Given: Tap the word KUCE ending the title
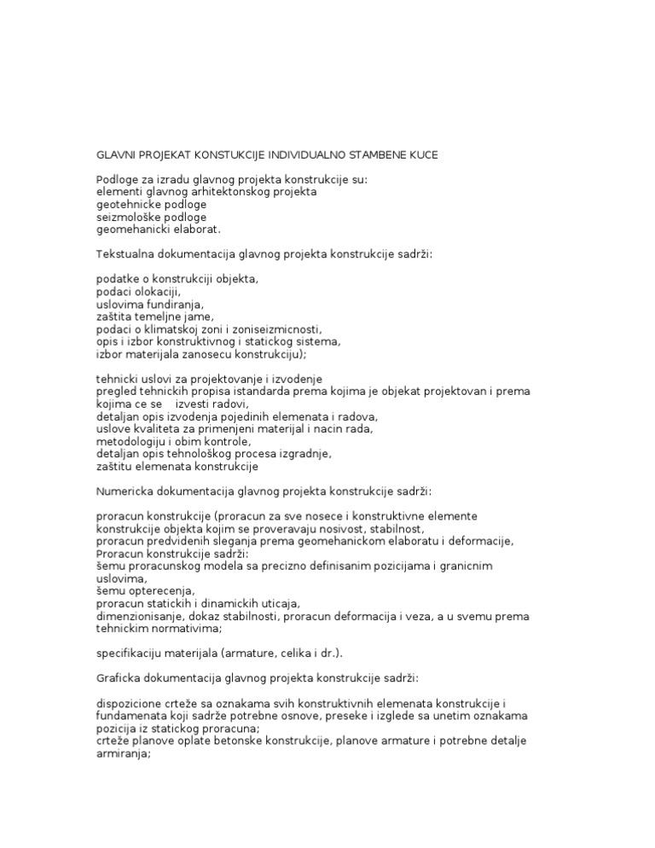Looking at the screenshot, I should pos(423,155).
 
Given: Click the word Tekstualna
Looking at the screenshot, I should pos(125,253).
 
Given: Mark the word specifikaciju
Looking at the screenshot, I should pos(127,653).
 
